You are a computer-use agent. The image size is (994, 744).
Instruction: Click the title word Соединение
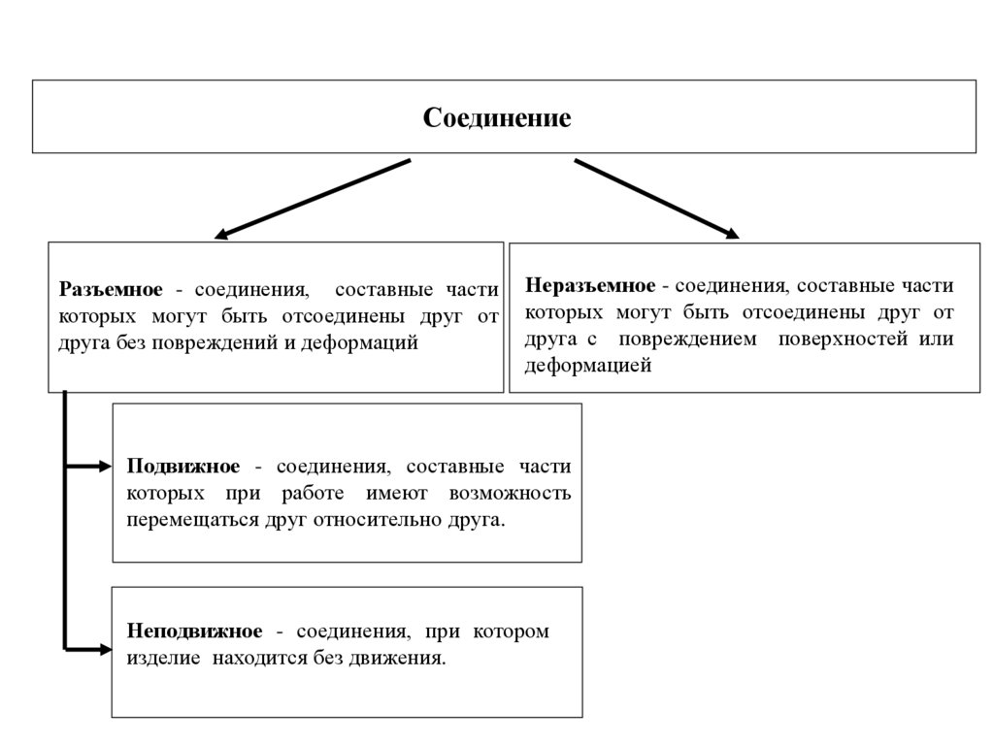497,119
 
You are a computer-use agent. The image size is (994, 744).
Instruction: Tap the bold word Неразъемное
590,286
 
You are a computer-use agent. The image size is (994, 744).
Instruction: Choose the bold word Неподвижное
194,631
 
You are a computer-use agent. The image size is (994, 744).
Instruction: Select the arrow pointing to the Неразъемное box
656,199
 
